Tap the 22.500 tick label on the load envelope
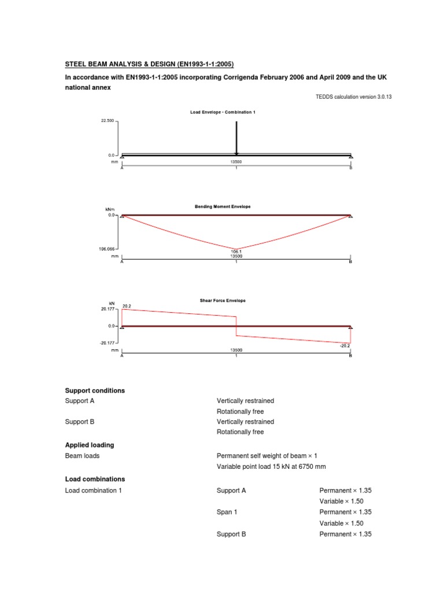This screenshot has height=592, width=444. [x=108, y=121]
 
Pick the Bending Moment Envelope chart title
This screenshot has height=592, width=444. [x=223, y=206]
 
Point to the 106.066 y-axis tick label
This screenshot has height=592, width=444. [x=108, y=250]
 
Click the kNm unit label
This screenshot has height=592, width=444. [x=110, y=209]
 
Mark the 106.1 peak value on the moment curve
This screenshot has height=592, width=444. [x=236, y=251]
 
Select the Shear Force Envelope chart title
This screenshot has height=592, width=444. [x=223, y=301]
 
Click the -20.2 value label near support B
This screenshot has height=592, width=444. [x=345, y=346]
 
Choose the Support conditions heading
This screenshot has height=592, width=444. [x=95, y=391]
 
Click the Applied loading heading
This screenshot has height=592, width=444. [x=90, y=445]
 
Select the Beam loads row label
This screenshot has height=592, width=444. [x=82, y=456]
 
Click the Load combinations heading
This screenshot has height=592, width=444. [x=95, y=479]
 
